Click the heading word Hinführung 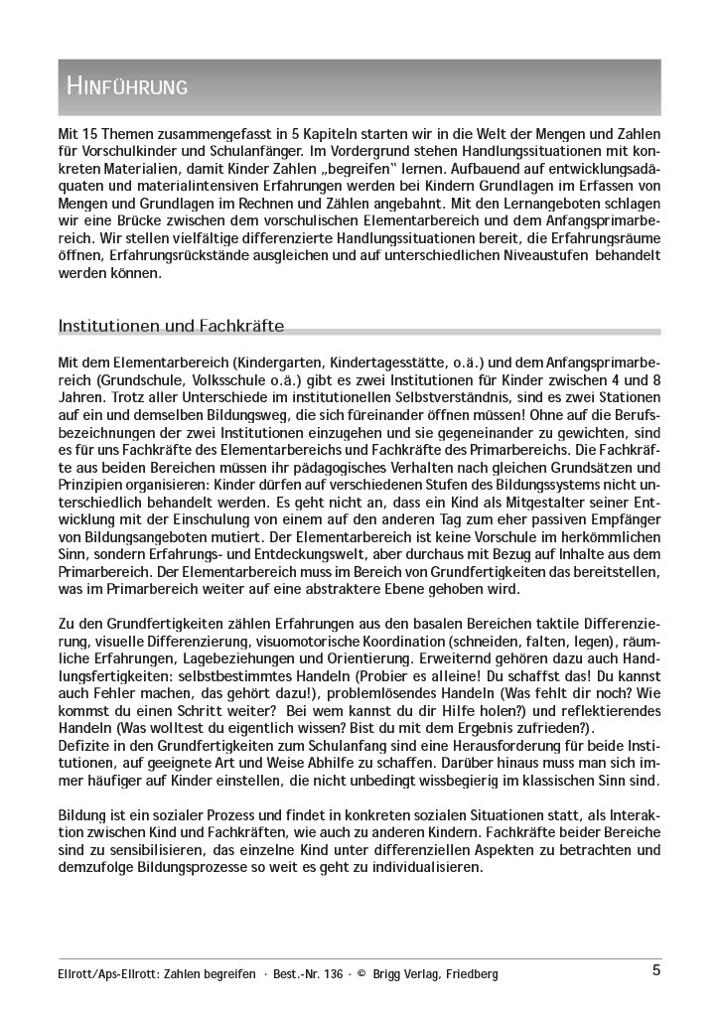tap(127, 86)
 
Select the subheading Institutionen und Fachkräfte tap(172, 325)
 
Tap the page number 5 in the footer tap(656, 971)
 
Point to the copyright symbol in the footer tap(361, 974)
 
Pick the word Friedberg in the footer tap(465, 974)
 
